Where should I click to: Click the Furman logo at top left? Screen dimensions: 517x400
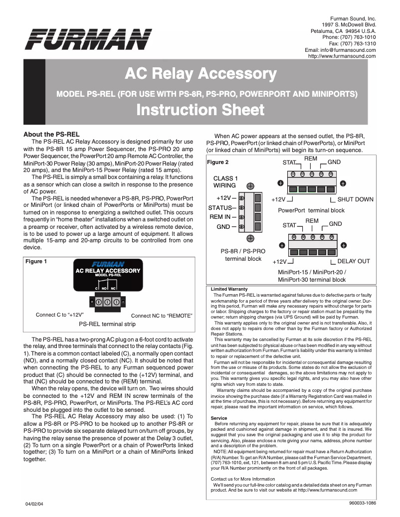[x=89, y=39]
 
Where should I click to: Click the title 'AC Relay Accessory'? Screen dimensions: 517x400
[x=200, y=75]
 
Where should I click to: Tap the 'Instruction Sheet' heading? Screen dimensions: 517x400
[x=200, y=110]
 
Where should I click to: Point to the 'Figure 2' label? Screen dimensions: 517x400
[x=217, y=162]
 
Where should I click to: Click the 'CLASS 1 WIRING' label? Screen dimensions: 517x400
[x=225, y=182]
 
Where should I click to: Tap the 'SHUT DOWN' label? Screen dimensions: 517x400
[x=355, y=199]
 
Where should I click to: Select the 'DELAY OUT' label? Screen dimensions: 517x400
[x=354, y=261]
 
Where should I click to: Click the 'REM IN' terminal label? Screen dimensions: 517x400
[x=220, y=217]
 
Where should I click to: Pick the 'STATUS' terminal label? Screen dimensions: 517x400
[x=220, y=207]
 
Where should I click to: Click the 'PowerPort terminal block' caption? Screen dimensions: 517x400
[x=311, y=210]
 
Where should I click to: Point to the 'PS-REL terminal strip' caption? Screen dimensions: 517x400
[x=107, y=324]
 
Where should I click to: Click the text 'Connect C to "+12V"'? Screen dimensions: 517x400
[x=59, y=315]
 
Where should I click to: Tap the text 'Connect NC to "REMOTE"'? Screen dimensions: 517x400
[x=162, y=316]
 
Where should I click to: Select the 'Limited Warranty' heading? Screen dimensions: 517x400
[x=229, y=289]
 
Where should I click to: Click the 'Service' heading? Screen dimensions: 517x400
[x=219, y=418]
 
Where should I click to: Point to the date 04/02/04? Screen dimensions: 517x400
[x=35, y=504]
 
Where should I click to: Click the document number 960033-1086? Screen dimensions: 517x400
[x=360, y=503]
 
